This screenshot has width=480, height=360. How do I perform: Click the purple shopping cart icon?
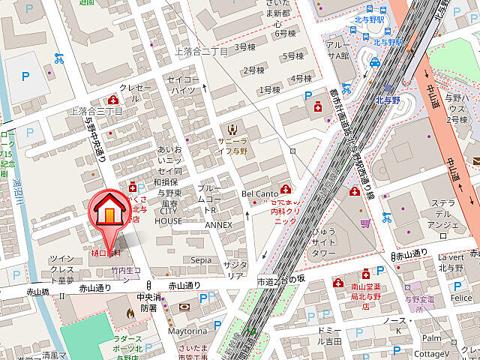tap(365, 223)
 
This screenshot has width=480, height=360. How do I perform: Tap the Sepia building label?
tap(200, 259)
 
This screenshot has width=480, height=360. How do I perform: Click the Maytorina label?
tap(186, 330)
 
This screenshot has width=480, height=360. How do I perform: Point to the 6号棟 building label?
tap(285, 33)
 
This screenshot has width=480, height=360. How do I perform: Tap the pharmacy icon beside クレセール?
tap(112, 100)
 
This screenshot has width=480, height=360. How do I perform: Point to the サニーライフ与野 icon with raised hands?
tap(232, 127)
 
